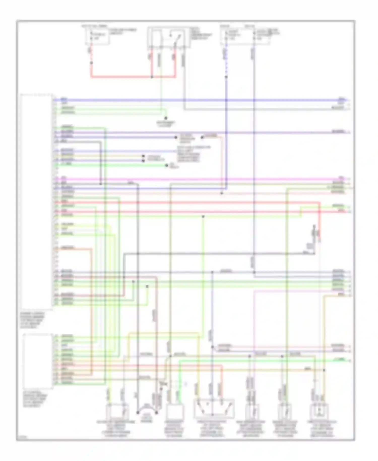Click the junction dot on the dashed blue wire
click(226, 77)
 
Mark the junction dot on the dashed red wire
click(91, 63)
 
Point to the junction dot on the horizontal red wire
click(152, 77)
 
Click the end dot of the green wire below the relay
click(166, 118)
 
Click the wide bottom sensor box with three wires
click(214, 408)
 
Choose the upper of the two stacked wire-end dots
click(143, 156)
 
